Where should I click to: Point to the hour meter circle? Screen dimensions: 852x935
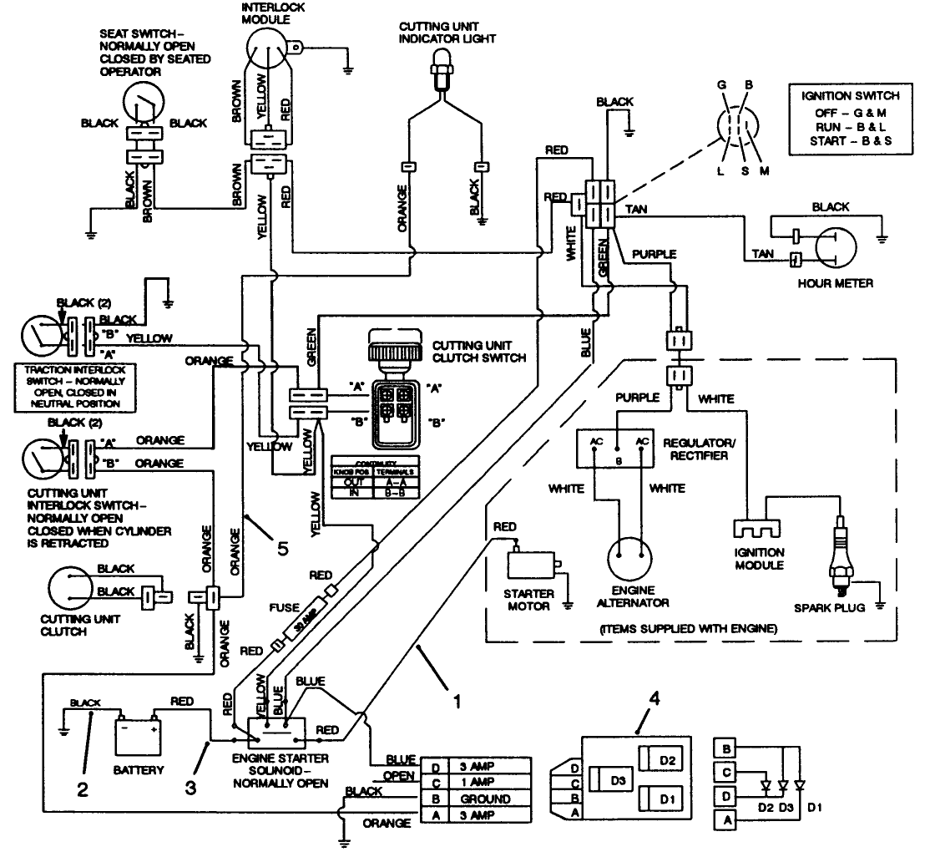(x=834, y=249)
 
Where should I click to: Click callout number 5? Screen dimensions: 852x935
(x=283, y=549)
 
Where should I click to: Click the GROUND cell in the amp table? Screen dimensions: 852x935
(x=480, y=799)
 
